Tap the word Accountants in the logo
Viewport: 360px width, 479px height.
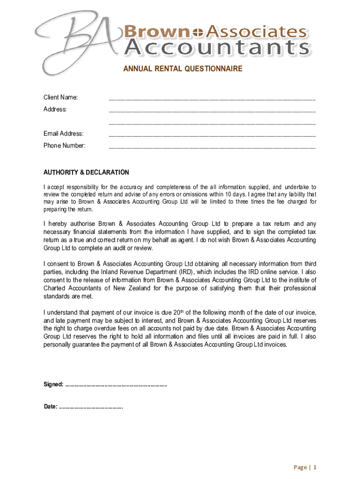[x=217, y=48]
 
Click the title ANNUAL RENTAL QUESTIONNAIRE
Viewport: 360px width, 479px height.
[x=183, y=69]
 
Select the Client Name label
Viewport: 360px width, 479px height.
[x=61, y=97]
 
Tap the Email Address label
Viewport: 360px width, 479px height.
[x=64, y=134]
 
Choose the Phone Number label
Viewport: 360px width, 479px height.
[x=65, y=145]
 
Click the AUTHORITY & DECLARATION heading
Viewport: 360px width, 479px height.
[x=86, y=173]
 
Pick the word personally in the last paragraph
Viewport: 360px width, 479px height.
[x=59, y=344]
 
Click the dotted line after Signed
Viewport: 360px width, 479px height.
[x=116, y=385]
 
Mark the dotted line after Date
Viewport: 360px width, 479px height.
[x=91, y=406]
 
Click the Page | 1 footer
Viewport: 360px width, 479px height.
[x=305, y=467]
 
